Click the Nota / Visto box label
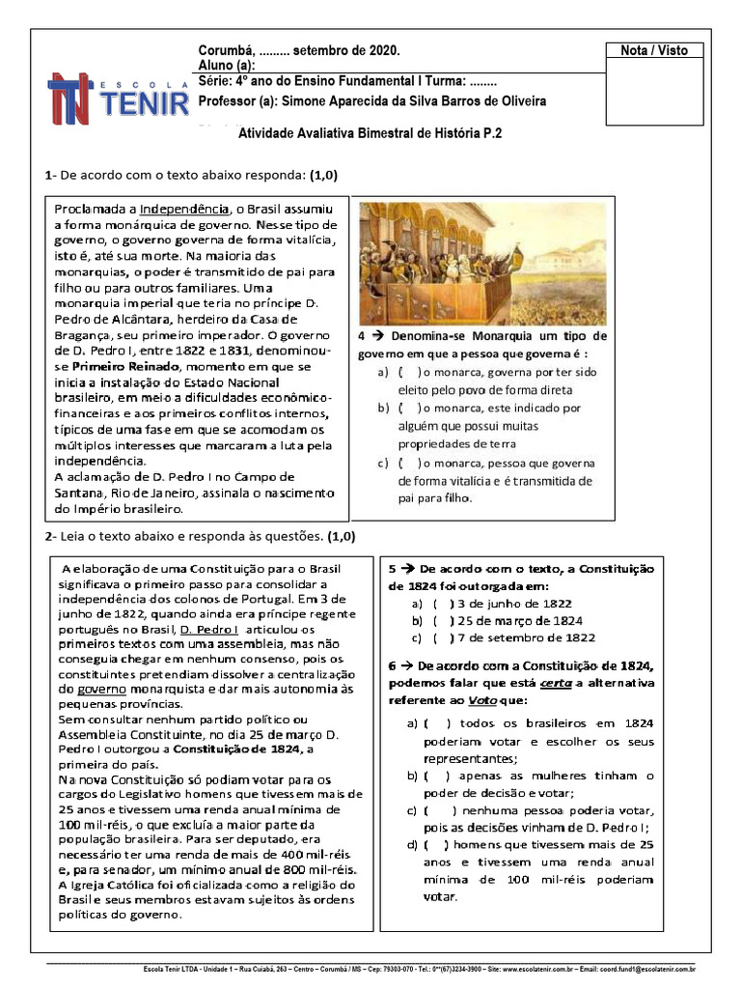tap(654, 50)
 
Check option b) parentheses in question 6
tap(436, 776)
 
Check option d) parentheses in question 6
tap(436, 844)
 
